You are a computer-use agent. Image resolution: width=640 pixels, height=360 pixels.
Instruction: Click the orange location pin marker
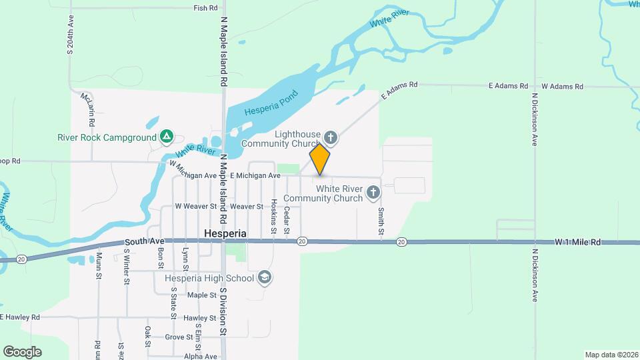tap(320, 159)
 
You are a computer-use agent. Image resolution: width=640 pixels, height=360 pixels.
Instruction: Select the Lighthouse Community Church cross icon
tap(331, 138)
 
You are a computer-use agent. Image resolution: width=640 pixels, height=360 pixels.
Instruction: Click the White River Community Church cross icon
tap(373, 193)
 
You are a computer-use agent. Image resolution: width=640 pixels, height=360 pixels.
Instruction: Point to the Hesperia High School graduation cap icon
tap(265, 277)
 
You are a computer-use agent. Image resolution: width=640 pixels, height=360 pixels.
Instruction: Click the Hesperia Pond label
tap(269, 103)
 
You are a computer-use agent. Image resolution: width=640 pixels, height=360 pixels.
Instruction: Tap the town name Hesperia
tap(225, 235)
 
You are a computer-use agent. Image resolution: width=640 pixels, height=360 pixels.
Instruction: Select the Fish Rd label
tap(205, 8)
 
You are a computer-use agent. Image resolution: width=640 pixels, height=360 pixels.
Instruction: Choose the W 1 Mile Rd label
tap(577, 242)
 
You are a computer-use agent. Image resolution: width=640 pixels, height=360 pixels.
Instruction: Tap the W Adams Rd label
tap(562, 86)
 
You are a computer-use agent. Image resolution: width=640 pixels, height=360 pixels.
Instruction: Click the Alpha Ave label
tap(201, 356)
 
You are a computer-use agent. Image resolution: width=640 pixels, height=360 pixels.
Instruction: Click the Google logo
tap(22, 352)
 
